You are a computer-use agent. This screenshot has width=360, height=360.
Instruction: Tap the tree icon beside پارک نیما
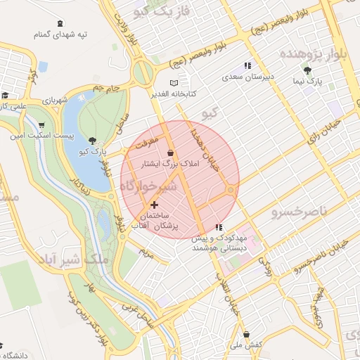(308, 70)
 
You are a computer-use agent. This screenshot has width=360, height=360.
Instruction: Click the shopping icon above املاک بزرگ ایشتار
(169, 151)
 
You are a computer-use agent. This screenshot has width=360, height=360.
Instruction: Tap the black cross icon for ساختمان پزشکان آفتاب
(155, 205)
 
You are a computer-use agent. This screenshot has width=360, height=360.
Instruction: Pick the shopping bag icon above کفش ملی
(245, 335)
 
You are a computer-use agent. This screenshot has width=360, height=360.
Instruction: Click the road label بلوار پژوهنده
(318, 54)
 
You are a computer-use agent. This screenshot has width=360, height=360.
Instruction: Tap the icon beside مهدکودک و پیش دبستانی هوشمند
(219, 228)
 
